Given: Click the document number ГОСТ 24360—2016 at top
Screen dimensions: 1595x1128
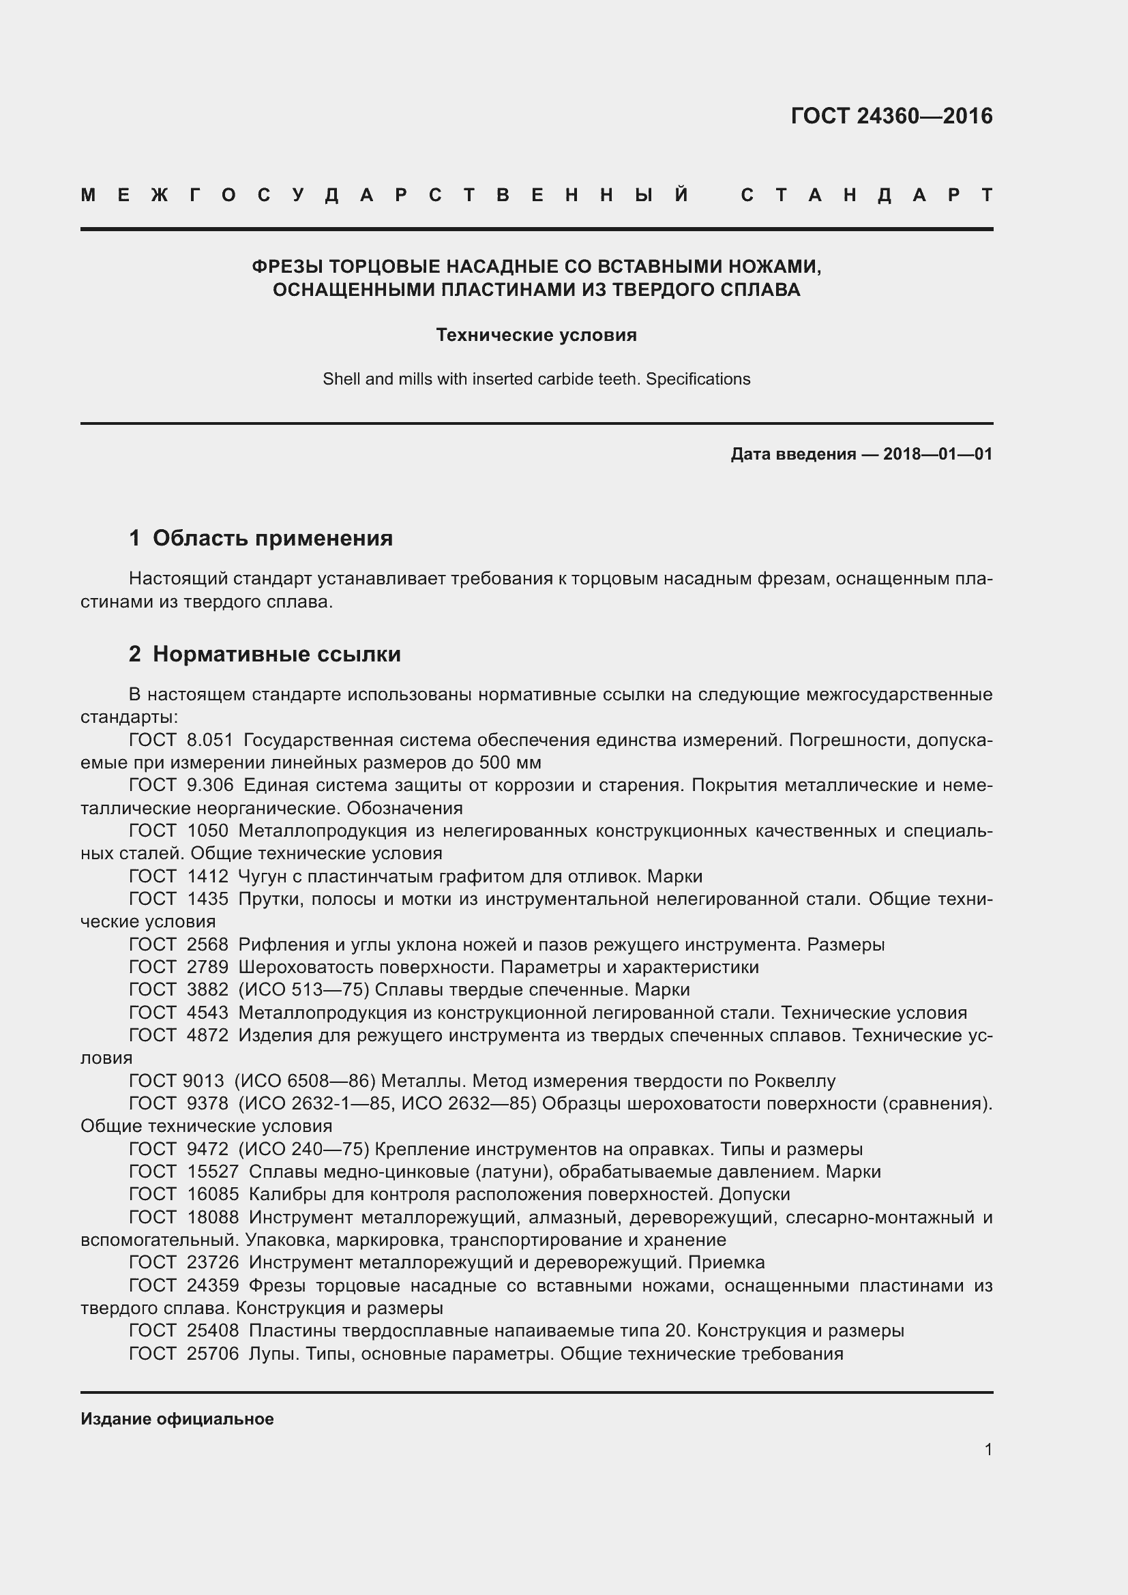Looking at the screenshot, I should (891, 115).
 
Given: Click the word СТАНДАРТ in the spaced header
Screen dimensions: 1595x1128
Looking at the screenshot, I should (866, 195).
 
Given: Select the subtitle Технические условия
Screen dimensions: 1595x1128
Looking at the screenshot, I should (536, 335).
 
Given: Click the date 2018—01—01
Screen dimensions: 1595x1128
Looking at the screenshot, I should (937, 454).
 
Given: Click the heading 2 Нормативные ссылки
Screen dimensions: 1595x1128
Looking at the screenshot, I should (265, 654).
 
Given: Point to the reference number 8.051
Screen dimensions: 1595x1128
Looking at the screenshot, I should (210, 740).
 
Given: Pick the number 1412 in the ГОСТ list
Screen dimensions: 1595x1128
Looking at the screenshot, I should (207, 876).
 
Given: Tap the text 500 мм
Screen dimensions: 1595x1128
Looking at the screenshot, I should (510, 763).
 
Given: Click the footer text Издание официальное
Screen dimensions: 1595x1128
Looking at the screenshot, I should (177, 1419).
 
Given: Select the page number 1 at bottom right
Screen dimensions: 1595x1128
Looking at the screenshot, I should (988, 1449).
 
